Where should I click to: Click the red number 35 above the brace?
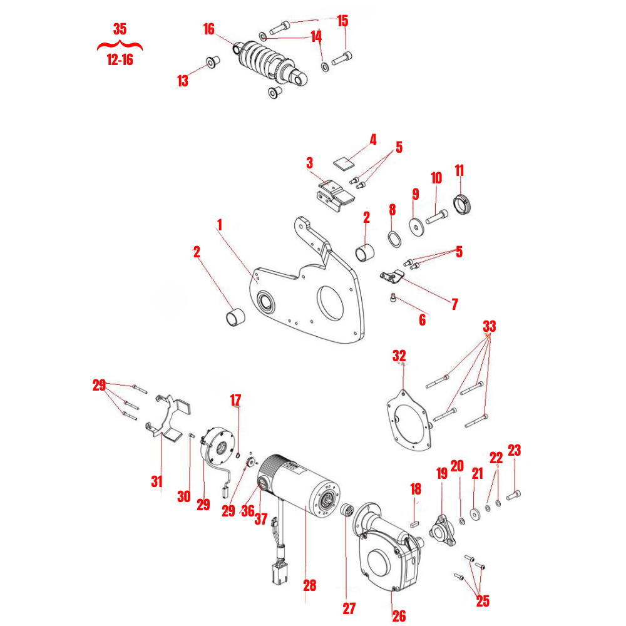[120, 29]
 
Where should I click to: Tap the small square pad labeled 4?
[343, 162]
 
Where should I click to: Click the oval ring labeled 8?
[393, 239]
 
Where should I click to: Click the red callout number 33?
[489, 326]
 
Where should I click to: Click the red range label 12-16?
[119, 61]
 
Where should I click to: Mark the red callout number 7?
[454, 305]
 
